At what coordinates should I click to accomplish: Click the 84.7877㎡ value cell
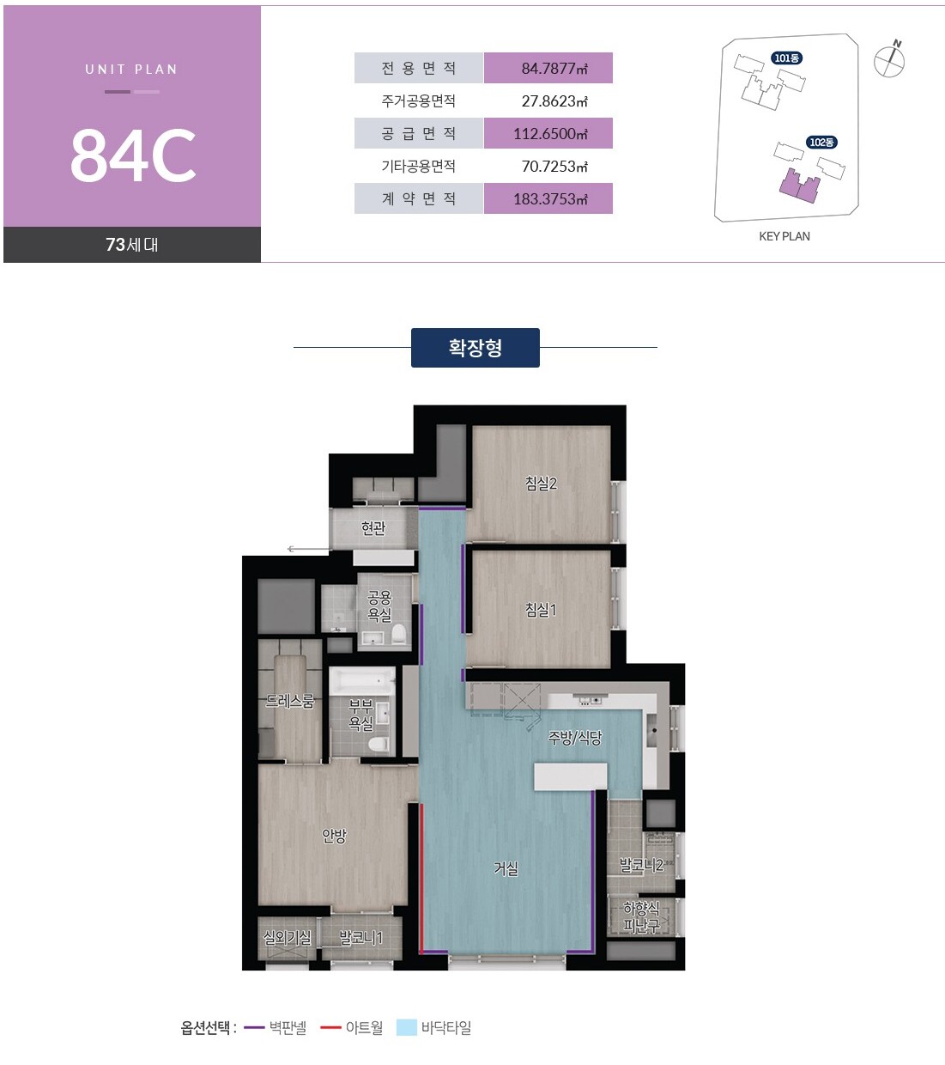click(x=548, y=68)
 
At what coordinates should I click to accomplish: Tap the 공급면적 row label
click(x=419, y=133)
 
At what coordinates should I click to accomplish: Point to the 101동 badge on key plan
click(x=786, y=58)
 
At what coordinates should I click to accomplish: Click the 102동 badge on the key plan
click(x=821, y=142)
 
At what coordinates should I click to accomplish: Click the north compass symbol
click(x=889, y=60)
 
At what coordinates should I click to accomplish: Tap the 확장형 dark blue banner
click(x=475, y=348)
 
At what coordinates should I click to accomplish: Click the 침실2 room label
click(x=541, y=483)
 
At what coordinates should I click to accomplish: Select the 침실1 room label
click(x=541, y=610)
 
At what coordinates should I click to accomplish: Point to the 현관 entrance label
click(x=373, y=527)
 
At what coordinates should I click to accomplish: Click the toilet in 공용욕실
click(x=399, y=635)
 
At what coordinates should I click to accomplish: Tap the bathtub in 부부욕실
click(x=362, y=681)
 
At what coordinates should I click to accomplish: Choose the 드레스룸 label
click(x=289, y=701)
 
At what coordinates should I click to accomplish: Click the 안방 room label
click(x=334, y=836)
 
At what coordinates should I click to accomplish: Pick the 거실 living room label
click(x=506, y=868)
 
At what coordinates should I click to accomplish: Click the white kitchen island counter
click(x=571, y=776)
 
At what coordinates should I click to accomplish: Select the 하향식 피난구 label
click(x=641, y=917)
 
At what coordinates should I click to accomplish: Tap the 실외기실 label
click(x=287, y=937)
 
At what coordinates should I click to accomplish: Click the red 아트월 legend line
click(x=331, y=1027)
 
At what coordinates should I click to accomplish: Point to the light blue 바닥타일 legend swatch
click(x=407, y=1027)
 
